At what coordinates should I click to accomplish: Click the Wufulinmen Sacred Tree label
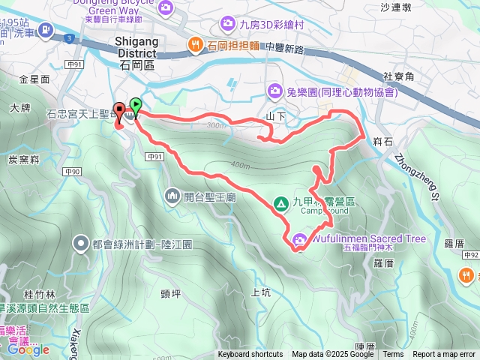pos(367,239)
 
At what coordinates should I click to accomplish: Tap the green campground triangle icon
pos(280,202)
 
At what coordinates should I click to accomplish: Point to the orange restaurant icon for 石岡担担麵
pos(195,44)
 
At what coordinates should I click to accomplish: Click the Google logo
pos(28,349)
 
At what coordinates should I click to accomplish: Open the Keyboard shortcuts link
pos(250,355)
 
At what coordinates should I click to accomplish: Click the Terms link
pos(393,355)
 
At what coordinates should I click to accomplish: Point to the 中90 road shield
pos(72,172)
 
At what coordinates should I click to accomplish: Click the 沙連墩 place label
pos(396,7)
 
